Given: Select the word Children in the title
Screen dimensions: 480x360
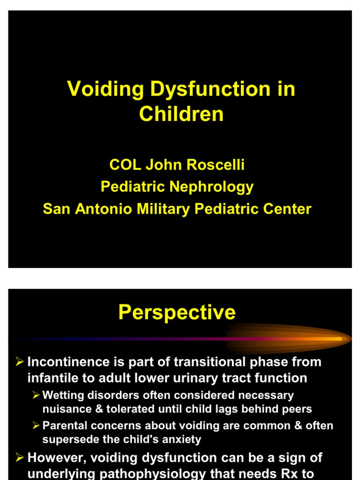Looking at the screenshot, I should (181, 114).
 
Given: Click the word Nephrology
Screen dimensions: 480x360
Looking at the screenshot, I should (215, 187).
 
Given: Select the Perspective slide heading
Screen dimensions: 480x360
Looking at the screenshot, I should (177, 313).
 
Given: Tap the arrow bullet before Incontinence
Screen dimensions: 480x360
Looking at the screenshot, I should (20, 361).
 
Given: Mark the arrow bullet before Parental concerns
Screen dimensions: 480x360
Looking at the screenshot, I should (36, 426).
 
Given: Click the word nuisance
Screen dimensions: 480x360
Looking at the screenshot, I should (63, 409).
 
